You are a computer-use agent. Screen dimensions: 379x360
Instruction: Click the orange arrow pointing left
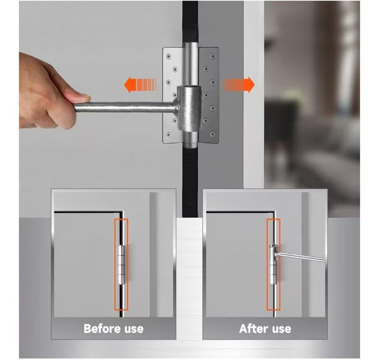pyautogui.click(x=140, y=85)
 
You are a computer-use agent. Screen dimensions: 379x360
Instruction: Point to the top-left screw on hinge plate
pyautogui.click(x=168, y=56)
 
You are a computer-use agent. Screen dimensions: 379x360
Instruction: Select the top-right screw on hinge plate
pyautogui.click(x=213, y=56)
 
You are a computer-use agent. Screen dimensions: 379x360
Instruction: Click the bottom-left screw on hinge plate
pyautogui.click(x=168, y=134)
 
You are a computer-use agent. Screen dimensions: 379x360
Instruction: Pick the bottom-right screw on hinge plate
pyautogui.click(x=212, y=133)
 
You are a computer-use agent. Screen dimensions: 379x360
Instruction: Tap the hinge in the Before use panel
pyautogui.click(x=121, y=265)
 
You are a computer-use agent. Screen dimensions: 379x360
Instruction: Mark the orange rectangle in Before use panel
pyautogui.click(x=115, y=264)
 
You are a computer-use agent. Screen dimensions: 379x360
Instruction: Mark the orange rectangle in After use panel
pyautogui.click(x=267, y=264)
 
